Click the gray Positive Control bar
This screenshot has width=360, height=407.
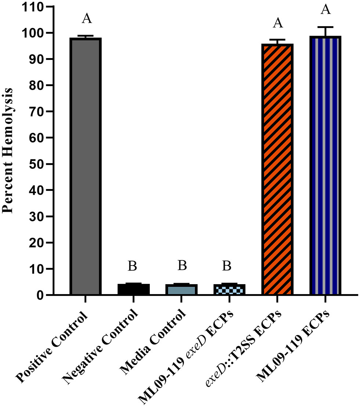(85, 165)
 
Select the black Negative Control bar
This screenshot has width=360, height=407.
(133, 289)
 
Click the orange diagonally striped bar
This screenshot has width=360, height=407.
(277, 169)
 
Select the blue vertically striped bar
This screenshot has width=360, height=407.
(325, 165)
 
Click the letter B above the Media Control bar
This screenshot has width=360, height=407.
(182, 266)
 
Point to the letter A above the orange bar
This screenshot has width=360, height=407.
(278, 23)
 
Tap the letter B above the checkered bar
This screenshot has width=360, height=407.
(227, 266)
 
